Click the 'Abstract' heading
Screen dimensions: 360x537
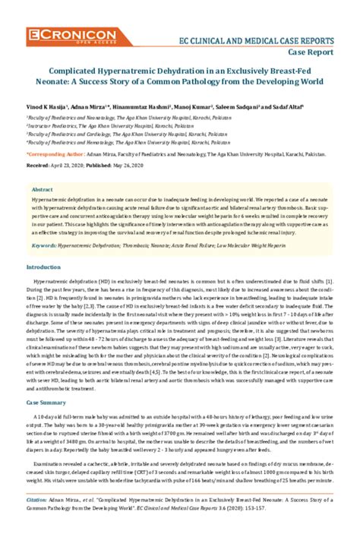(x=42, y=187)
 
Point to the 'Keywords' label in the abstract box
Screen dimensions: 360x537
(x=44, y=246)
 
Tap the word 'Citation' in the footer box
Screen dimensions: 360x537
(x=36, y=501)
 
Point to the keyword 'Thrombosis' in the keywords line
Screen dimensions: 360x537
(x=140, y=246)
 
